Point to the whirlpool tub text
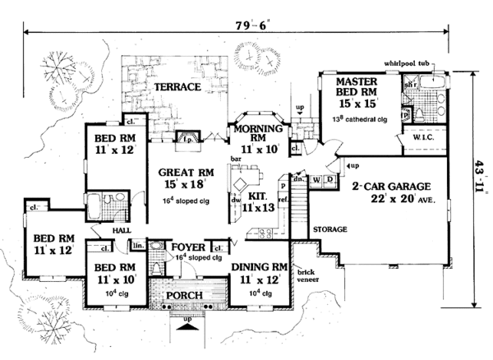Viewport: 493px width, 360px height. tap(414, 63)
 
